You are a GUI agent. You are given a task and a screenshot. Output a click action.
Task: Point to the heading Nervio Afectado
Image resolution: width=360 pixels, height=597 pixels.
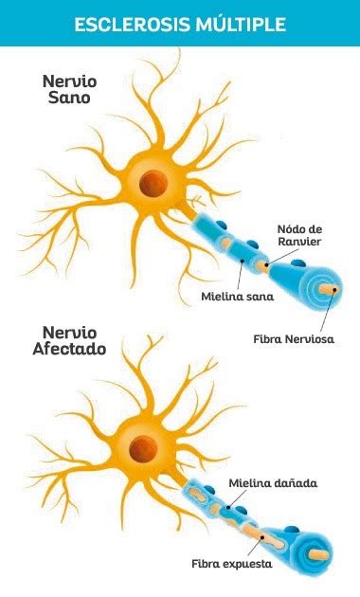(x=74, y=341)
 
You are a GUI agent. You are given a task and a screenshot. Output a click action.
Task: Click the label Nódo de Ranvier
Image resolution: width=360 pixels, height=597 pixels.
(x=299, y=235)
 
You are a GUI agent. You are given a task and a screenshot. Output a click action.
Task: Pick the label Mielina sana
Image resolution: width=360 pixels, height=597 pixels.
(x=237, y=297)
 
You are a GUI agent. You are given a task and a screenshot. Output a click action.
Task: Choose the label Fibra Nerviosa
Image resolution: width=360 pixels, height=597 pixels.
(x=294, y=338)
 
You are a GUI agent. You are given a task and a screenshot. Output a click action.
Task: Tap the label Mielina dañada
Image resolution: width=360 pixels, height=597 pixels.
(x=273, y=484)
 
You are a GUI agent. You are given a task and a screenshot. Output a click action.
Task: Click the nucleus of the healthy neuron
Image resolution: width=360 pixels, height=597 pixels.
(x=151, y=182)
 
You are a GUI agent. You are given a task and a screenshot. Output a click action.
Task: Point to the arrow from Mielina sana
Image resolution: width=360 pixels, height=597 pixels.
(x=242, y=276)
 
